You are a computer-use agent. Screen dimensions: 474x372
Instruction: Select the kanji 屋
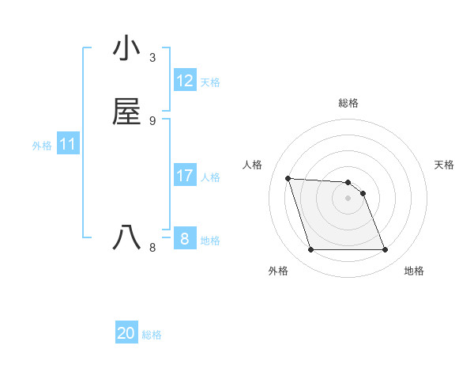(x=126, y=112)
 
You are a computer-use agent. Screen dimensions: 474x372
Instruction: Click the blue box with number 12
(x=185, y=81)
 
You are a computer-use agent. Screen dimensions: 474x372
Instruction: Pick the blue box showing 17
(x=185, y=176)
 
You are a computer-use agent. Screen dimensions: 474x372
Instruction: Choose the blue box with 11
(x=68, y=145)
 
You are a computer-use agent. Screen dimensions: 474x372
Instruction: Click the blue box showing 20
(x=126, y=333)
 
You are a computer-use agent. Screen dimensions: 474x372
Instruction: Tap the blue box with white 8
(x=185, y=239)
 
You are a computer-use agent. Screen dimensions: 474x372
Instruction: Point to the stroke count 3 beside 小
(x=152, y=57)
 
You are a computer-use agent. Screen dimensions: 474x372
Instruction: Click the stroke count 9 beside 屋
(x=152, y=120)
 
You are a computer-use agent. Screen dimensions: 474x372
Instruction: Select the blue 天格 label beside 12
(x=210, y=82)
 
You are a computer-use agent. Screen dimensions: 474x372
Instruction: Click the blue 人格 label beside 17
(x=210, y=177)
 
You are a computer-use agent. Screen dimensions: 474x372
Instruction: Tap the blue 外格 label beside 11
(x=42, y=146)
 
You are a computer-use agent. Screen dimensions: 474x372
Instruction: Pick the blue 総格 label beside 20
(x=152, y=335)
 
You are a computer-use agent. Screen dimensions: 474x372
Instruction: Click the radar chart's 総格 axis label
(x=348, y=103)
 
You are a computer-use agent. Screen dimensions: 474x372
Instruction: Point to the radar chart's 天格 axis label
(x=445, y=165)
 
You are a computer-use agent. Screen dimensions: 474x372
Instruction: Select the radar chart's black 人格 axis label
(x=253, y=165)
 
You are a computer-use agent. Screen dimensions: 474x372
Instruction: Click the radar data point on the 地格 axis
(x=386, y=250)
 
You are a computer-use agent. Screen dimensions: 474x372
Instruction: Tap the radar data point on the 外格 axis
(x=310, y=250)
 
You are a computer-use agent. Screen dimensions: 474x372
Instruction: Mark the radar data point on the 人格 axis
(x=288, y=178)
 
